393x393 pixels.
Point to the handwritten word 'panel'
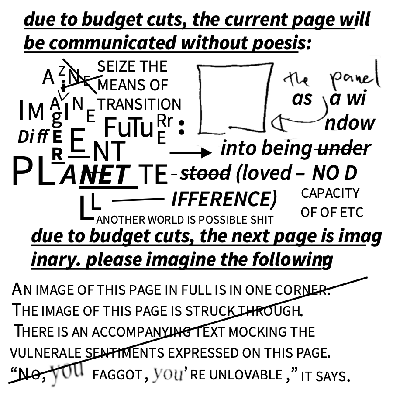tap(354, 79)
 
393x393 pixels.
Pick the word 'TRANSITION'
tap(139, 104)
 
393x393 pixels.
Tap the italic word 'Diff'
tap(33, 137)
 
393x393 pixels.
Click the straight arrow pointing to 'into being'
tap(191, 152)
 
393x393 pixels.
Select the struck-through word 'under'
tap(343, 148)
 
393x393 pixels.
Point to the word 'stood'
tap(205, 173)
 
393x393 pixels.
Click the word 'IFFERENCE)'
tap(224, 199)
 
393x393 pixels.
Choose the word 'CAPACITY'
tap(330, 193)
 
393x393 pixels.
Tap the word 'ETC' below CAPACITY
tap(352, 213)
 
